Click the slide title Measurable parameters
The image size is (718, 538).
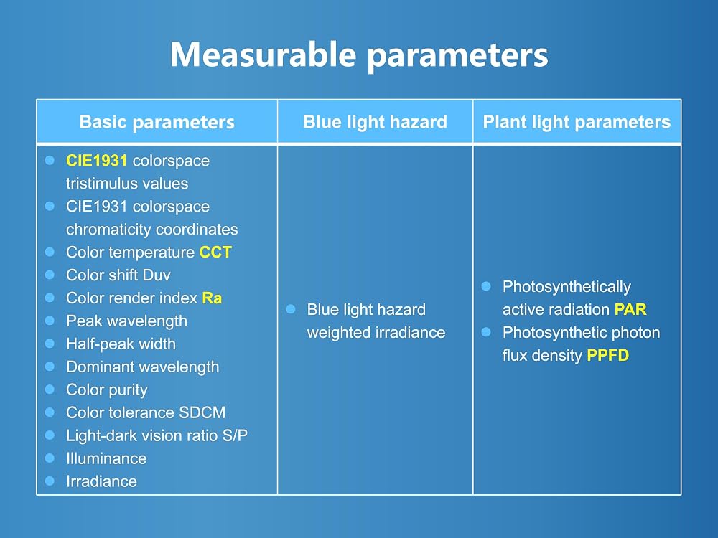(x=359, y=55)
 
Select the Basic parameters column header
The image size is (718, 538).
(x=157, y=122)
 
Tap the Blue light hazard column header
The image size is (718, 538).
(x=375, y=122)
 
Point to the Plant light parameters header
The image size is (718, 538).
(x=577, y=122)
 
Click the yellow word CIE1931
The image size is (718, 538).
(x=97, y=161)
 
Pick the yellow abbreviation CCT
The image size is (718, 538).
(x=215, y=252)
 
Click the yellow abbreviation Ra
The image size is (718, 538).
(x=212, y=298)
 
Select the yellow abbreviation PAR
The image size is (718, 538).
(x=630, y=309)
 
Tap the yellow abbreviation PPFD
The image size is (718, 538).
(x=608, y=355)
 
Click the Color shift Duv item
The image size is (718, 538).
(x=118, y=275)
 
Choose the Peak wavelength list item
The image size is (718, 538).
(x=126, y=321)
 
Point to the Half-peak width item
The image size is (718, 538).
(x=121, y=344)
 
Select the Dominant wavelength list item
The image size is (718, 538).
(x=142, y=367)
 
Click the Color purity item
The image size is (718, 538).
(x=107, y=390)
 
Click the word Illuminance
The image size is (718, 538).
(x=106, y=458)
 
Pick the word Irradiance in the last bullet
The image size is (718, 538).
(x=101, y=481)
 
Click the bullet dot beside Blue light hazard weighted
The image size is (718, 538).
(x=290, y=309)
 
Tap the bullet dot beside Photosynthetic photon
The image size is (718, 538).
(x=486, y=332)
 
